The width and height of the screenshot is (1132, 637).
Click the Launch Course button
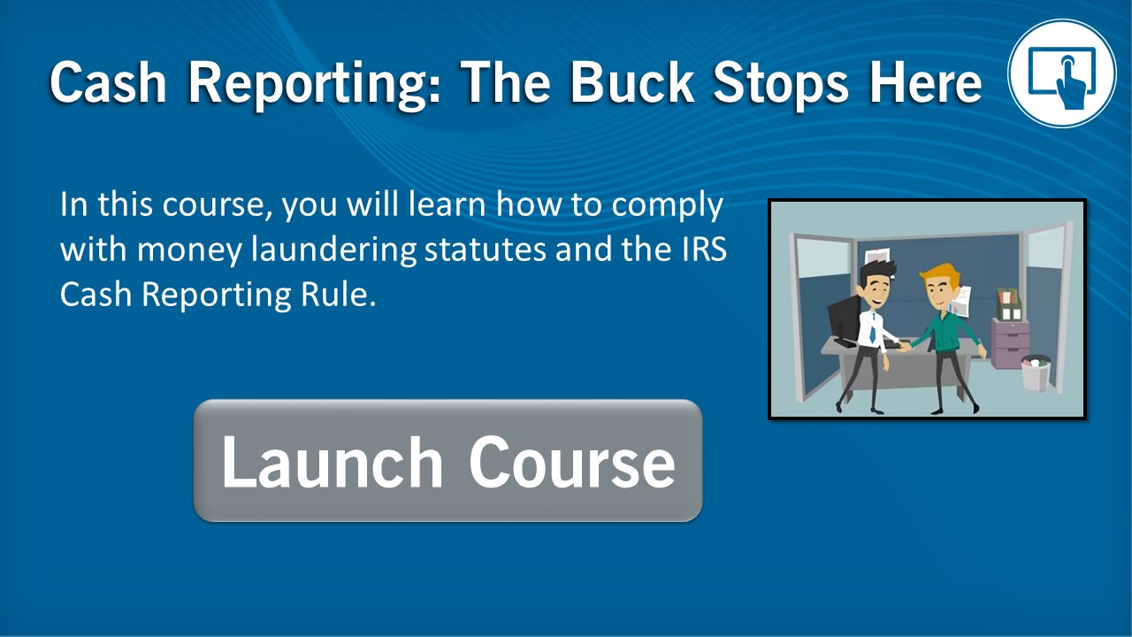tap(447, 461)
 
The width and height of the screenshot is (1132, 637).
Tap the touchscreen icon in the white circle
tap(1062, 73)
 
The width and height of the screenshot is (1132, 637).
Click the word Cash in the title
tap(108, 82)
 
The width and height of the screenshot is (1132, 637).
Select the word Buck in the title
tap(632, 82)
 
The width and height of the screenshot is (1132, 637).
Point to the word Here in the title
tap(925, 82)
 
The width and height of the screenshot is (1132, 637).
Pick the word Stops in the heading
tap(781, 84)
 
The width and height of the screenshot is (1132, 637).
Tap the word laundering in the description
tap(334, 250)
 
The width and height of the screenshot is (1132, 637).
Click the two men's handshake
tap(904, 346)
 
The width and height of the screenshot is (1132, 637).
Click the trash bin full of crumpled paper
tap(1036, 372)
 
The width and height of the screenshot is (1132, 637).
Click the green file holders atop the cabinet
tap(1009, 304)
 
